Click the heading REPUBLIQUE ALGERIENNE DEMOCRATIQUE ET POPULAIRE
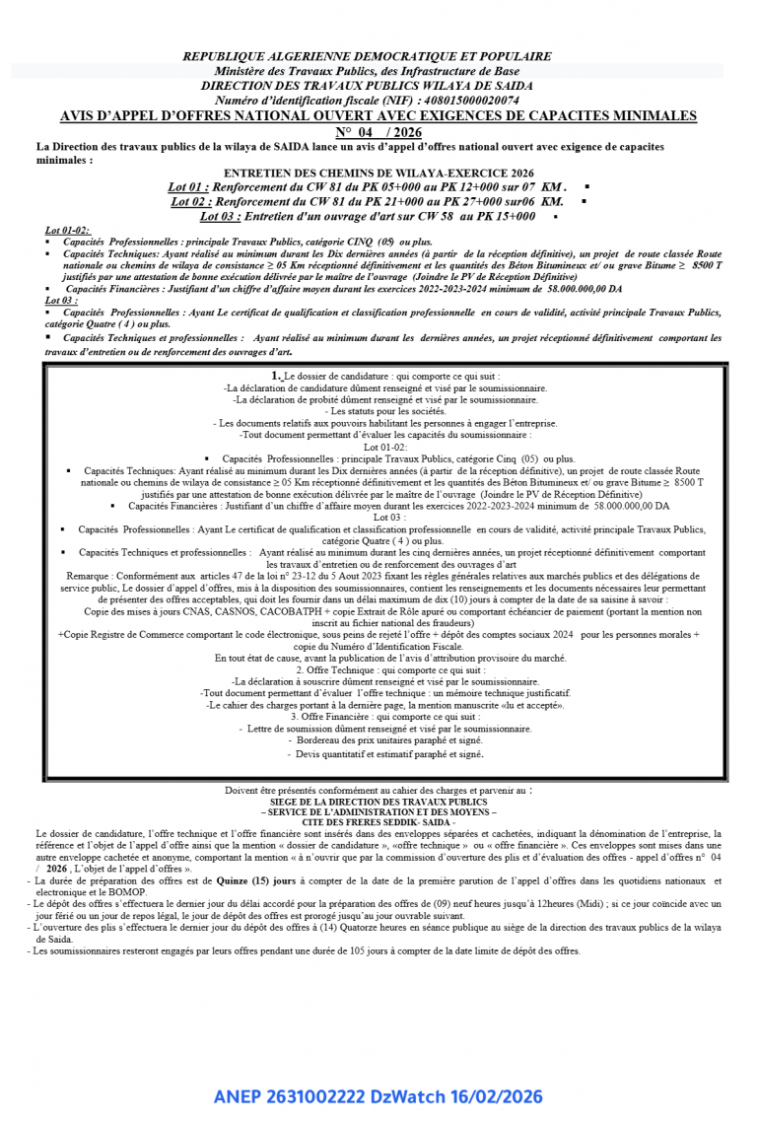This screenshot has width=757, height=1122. tap(367, 56)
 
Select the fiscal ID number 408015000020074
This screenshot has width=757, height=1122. tap(468, 101)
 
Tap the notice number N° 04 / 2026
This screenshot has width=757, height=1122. tap(378, 132)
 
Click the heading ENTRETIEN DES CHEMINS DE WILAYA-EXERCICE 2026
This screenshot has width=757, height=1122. tap(379, 173)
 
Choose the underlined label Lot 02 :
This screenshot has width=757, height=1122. tap(190, 201)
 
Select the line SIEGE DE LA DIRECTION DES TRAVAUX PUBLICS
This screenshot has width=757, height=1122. tap(378, 803)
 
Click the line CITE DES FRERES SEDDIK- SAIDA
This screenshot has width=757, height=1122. tap(378, 821)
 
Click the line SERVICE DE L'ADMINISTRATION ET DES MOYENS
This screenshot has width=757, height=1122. tap(378, 811)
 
